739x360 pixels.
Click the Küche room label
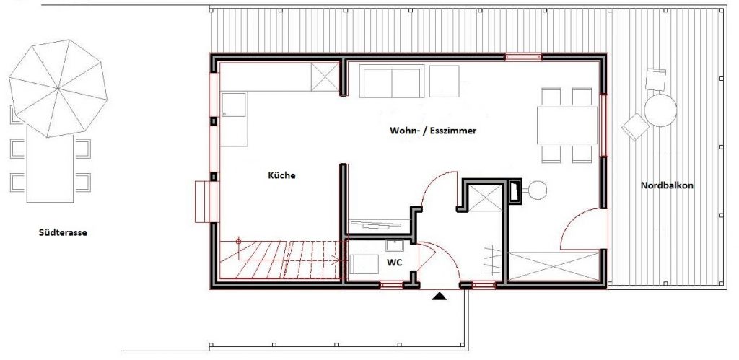282,175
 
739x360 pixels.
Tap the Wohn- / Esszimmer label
434,131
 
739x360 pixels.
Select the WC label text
394,263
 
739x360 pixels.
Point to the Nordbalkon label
667,185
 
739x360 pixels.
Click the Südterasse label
64,233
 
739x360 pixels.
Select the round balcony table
660,111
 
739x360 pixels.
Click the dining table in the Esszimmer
567,125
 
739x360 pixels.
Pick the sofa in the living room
393,82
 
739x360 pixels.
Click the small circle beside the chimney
538,190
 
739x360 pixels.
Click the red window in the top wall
522,57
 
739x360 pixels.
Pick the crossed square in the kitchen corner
325,76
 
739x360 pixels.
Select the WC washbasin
394,244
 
